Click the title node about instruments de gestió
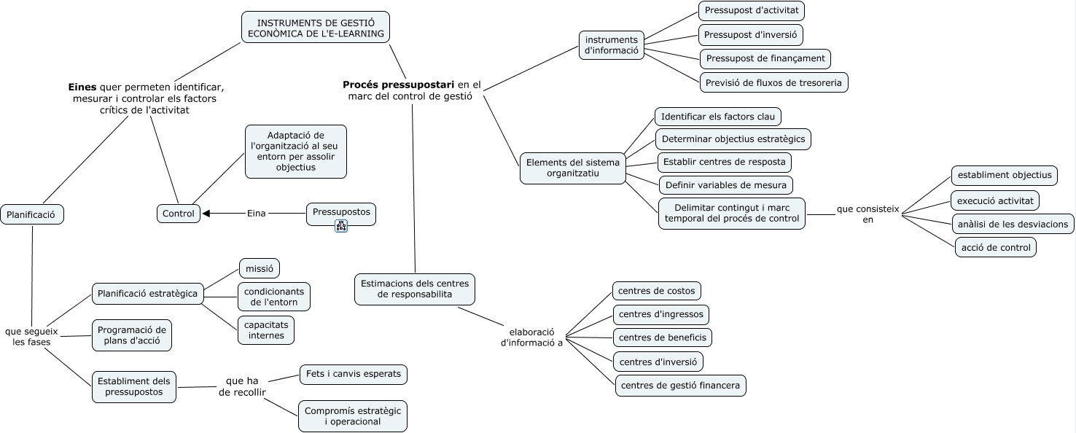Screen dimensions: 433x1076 pos(316,27)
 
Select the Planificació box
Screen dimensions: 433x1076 pos(32,214)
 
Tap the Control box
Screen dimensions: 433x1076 pos(179,214)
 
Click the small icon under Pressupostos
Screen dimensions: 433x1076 pos(341,226)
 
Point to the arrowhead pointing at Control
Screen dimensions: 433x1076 pos(207,214)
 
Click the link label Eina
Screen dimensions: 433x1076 pos(257,214)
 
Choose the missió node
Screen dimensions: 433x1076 pos(260,268)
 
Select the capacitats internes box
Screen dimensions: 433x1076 pos(266,329)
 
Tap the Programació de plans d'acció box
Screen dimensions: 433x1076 pos(132,335)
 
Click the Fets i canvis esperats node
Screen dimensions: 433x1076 pos(354,374)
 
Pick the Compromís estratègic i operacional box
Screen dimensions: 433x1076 pos(353,416)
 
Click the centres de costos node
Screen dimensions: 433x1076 pos(657,291)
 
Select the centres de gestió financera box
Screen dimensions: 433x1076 pos(681,385)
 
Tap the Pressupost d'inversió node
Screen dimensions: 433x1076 pos(751,34)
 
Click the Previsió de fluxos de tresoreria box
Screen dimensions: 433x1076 pos(773,82)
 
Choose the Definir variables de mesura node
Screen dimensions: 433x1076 pos(725,185)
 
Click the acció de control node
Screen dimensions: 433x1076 pos(996,247)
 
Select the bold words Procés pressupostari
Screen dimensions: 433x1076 pos(399,84)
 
